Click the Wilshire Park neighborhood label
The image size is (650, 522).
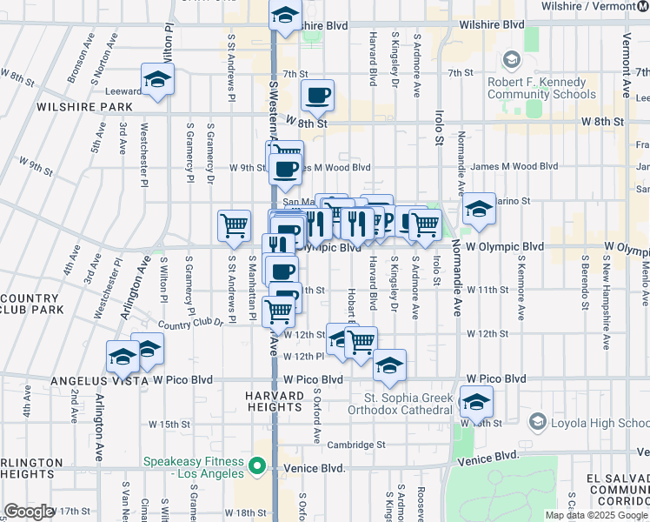(x=84, y=107)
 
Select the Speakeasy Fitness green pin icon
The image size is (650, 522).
(x=257, y=467)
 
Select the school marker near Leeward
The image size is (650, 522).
(x=157, y=79)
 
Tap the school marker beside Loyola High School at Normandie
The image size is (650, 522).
(x=476, y=401)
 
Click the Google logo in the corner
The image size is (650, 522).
(x=29, y=512)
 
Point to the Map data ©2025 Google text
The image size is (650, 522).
(x=596, y=515)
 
